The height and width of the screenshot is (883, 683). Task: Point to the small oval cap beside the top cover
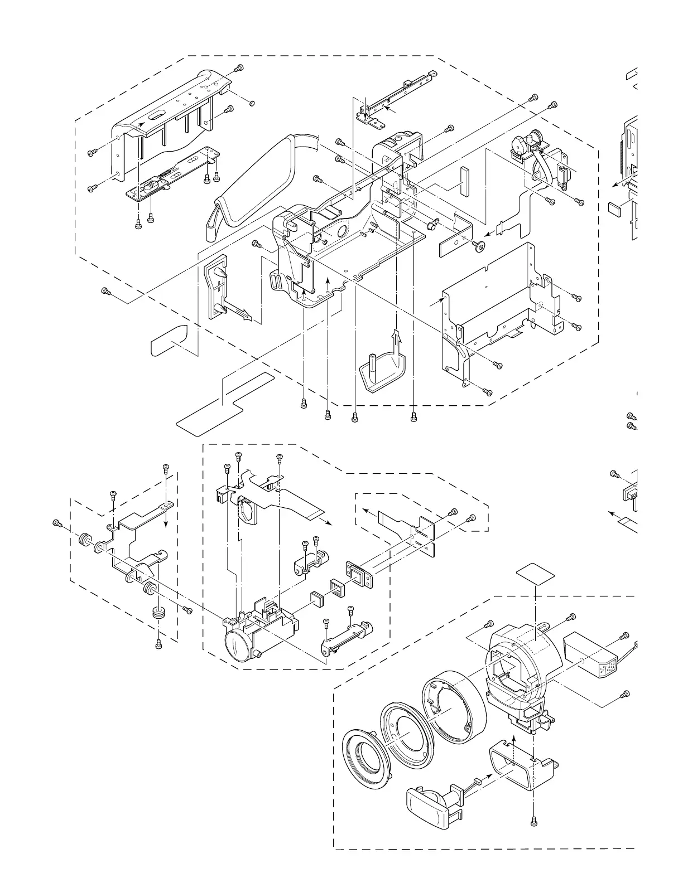(252, 103)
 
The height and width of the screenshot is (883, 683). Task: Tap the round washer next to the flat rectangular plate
(478, 245)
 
